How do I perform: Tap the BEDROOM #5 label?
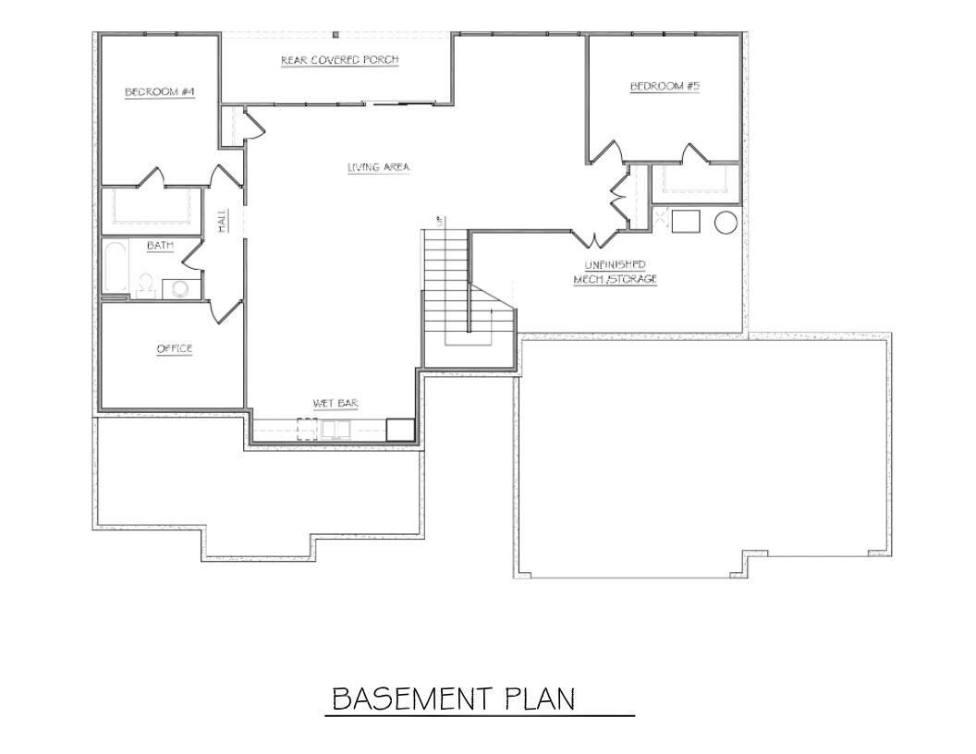[x=665, y=86]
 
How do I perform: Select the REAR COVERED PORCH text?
[x=339, y=61]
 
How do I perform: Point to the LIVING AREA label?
[x=378, y=167]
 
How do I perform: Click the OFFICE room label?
[x=174, y=348]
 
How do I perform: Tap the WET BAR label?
[x=335, y=403]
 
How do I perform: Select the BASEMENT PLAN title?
[x=453, y=699]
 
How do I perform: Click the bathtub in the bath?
[x=115, y=268]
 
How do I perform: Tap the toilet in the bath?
[x=145, y=286]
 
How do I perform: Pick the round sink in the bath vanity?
[x=179, y=289]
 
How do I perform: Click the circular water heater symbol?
[x=726, y=223]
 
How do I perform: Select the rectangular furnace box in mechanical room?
[x=685, y=222]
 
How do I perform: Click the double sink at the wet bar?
[x=334, y=430]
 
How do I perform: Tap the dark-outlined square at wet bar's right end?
[x=399, y=430]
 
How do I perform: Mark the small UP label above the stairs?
[x=440, y=221]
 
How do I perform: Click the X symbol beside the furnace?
[x=661, y=216]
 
